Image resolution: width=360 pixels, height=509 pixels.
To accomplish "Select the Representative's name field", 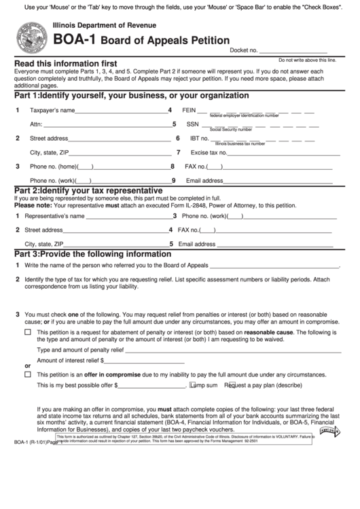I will [x=128, y=216].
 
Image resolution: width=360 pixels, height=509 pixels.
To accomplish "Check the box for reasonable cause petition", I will [x=28, y=332].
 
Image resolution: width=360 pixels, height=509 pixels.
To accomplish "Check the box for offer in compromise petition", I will [x=28, y=374].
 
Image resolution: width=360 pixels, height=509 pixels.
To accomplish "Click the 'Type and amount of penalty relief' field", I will [x=231, y=349].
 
